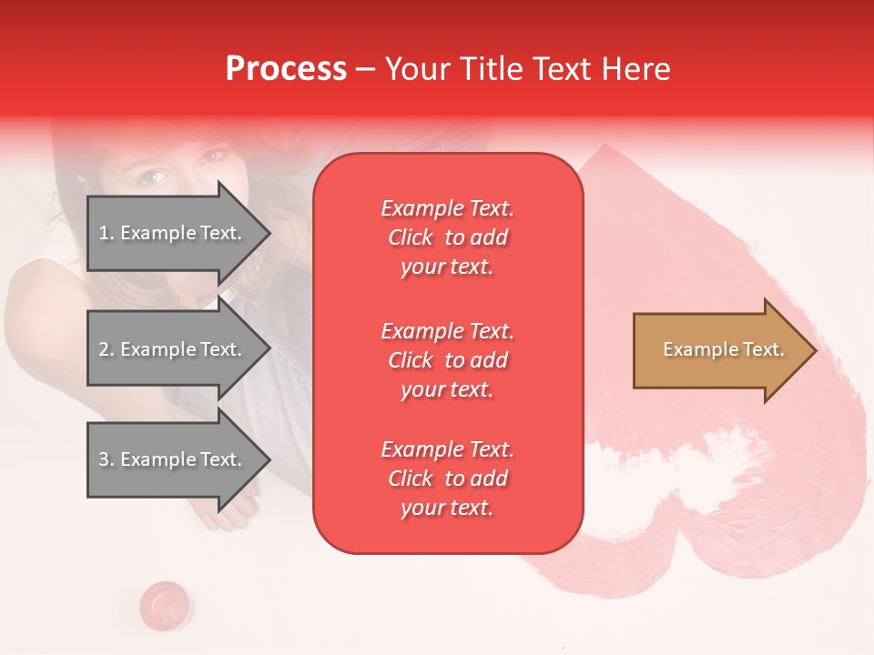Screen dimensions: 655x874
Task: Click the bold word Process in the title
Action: coord(286,69)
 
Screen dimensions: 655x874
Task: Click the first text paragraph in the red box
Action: coord(447,237)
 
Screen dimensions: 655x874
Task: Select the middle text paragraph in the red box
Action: coord(447,360)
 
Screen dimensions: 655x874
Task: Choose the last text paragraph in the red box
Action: coord(447,479)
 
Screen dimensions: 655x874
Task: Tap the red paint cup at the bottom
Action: coord(165,602)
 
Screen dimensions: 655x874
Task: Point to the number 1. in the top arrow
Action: coord(107,234)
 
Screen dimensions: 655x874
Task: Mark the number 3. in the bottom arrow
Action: coord(107,460)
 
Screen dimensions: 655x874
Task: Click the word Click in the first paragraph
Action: coord(411,238)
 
